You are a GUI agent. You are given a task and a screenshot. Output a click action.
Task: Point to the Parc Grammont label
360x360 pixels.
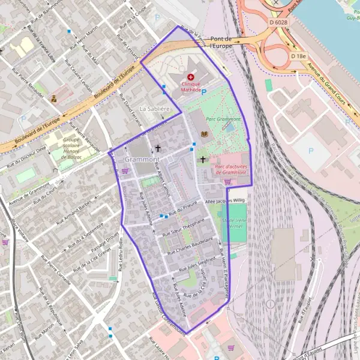[223, 119]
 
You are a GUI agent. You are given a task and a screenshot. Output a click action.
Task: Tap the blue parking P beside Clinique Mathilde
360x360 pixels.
[203, 92]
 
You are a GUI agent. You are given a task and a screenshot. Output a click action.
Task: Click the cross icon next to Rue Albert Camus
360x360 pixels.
[158, 148]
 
